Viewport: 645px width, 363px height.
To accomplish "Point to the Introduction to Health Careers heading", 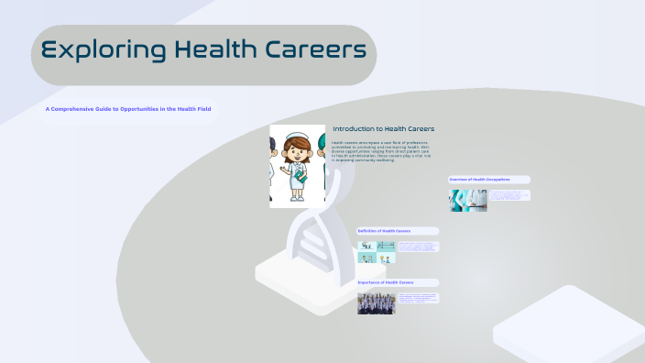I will tap(383, 128).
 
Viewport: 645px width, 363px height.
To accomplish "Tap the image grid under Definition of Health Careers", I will tap(377, 252).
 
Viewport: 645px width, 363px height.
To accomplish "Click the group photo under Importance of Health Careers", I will tap(377, 303).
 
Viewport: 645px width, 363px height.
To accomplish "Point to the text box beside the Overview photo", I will tap(509, 195).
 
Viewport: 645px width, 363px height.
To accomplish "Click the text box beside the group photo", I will tap(419, 299).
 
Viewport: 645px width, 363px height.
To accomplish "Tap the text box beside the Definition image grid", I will tap(419, 247).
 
